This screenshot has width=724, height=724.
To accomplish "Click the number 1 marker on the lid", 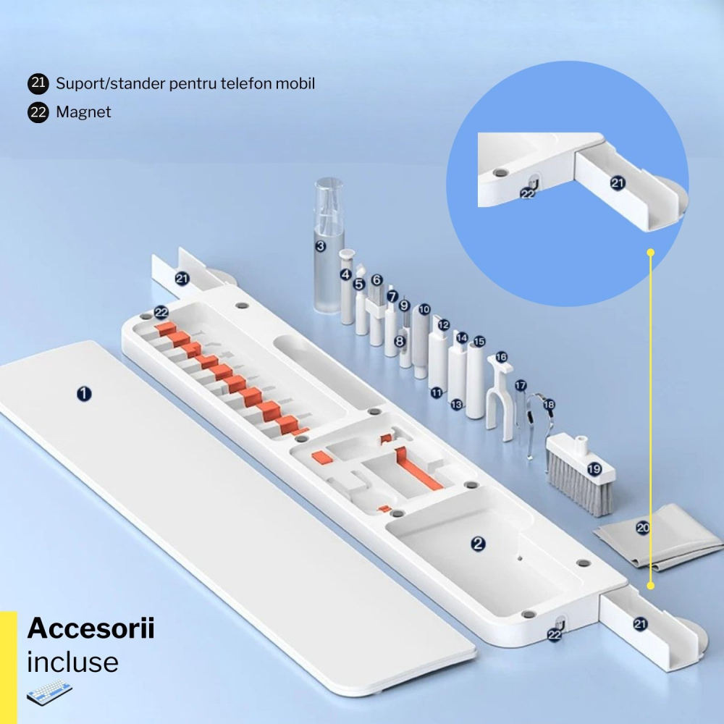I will [x=85, y=394].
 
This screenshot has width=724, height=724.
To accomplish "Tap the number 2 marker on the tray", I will [x=477, y=543].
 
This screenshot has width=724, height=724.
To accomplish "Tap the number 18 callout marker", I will [x=548, y=405].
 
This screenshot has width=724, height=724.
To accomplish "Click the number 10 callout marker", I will [x=424, y=309].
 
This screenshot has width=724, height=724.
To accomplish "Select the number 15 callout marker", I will [x=479, y=341].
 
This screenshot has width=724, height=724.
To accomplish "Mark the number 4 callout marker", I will [x=345, y=274].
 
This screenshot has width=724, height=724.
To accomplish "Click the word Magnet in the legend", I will [x=83, y=112].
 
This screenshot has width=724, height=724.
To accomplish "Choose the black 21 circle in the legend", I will [x=38, y=83].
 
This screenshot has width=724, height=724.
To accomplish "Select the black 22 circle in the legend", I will [x=38, y=112].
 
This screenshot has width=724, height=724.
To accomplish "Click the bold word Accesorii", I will [x=90, y=628].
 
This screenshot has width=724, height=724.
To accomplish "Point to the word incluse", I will [x=72, y=662].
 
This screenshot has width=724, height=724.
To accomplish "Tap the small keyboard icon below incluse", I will [x=49, y=694].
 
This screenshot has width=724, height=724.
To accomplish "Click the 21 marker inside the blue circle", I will [x=617, y=183].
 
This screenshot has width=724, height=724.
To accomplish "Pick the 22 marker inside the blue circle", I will [x=528, y=193].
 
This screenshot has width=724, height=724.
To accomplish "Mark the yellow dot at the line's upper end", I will [x=650, y=253].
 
